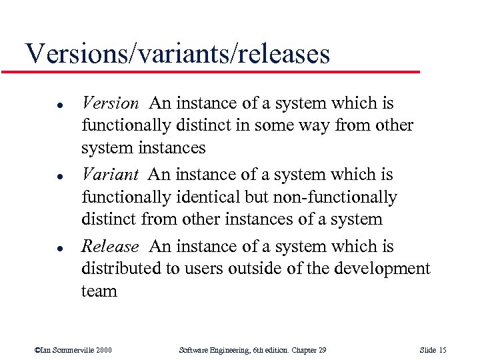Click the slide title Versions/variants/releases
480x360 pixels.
[177, 53]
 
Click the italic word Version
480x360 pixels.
[110, 103]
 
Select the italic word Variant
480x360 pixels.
[109, 175]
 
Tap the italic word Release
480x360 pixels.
[110, 247]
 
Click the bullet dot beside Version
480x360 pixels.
[41, 105]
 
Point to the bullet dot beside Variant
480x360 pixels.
[41, 176]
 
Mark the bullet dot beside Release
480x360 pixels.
[41, 248]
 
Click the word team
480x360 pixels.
[99, 291]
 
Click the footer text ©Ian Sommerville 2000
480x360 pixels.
[73, 350]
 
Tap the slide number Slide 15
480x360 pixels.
[433, 350]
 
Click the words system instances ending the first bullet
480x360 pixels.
[143, 147]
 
